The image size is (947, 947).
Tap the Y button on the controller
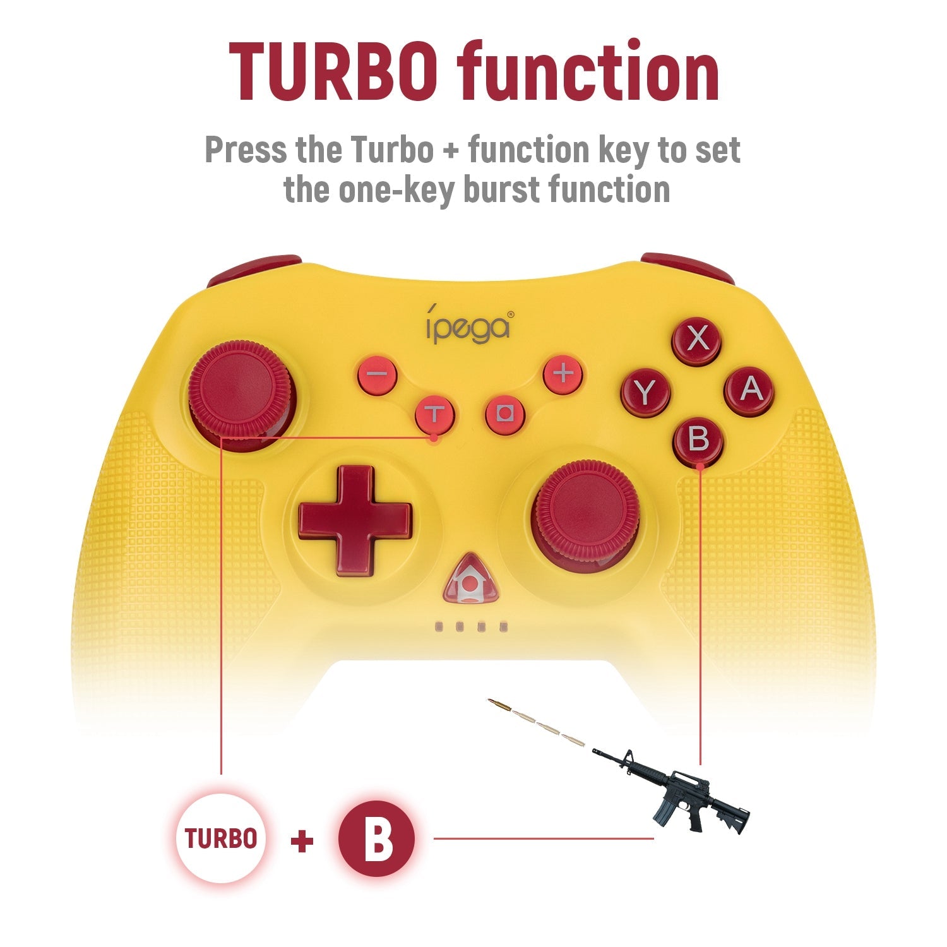(x=645, y=393)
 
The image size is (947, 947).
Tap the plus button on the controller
(x=563, y=374)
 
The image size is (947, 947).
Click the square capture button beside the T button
(x=505, y=414)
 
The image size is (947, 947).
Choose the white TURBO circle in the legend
(x=221, y=838)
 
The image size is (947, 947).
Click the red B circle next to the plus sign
(x=376, y=838)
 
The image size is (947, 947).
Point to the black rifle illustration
(x=672, y=789)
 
